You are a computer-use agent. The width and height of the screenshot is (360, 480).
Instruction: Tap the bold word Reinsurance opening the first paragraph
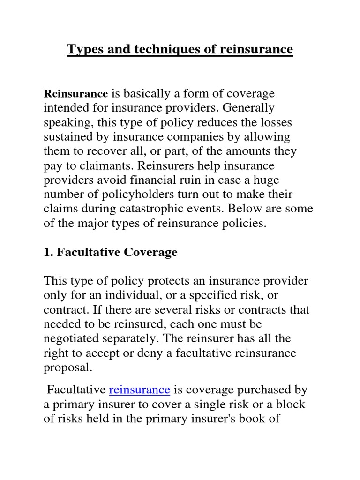pyautogui.click(x=75, y=94)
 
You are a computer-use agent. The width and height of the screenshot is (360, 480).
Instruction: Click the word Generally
pyautogui.click(x=248, y=108)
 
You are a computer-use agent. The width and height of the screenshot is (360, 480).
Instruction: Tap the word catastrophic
pyautogui.click(x=165, y=210)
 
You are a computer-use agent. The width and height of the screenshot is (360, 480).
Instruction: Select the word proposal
pyautogui.click(x=67, y=367)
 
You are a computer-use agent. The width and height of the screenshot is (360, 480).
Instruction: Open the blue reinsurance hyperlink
pyautogui.click(x=139, y=390)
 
